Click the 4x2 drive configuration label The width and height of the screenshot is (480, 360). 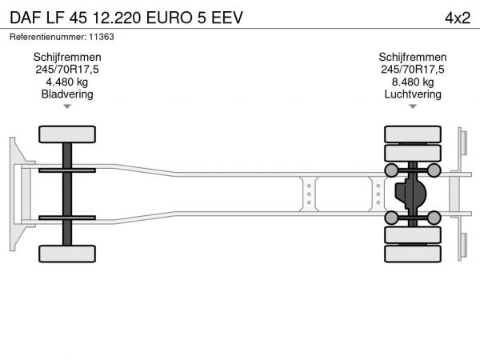coord(458,18)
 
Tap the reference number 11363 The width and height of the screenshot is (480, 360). coord(102,37)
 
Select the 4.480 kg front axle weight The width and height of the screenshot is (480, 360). coord(67,82)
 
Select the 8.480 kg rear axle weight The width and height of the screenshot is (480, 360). coord(413,82)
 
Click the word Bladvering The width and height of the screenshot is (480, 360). coord(67,94)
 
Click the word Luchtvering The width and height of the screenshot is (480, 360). coord(413,94)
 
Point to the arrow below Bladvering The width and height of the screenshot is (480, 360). coord(67,106)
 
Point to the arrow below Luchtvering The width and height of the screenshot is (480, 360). coord(413,106)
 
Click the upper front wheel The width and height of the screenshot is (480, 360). coord(67,134)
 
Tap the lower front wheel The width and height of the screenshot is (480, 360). coord(67,254)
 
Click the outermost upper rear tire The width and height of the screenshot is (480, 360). coord(413,134)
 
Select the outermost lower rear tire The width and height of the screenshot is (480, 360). coord(413,254)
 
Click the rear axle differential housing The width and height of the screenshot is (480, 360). coord(410,194)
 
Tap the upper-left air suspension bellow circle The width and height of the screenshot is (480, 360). coord(391,170)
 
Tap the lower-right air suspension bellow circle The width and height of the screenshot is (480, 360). coord(434,218)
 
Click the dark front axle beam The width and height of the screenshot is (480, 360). coord(67,194)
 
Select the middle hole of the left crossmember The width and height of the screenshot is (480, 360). coord(309,194)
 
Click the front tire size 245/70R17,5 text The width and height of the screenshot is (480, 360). coord(67,70)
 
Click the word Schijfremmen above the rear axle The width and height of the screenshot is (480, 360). coord(413,58)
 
